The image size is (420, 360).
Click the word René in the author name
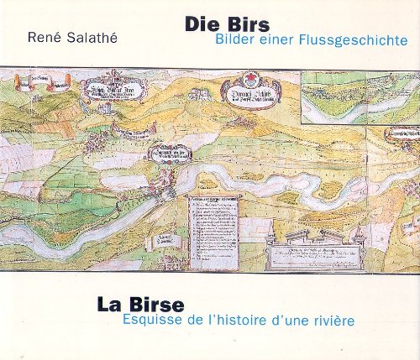[x=45, y=36]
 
